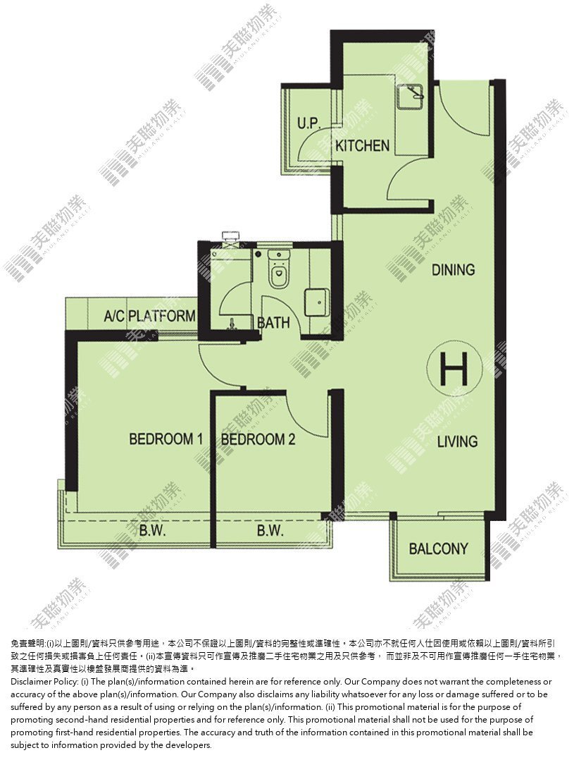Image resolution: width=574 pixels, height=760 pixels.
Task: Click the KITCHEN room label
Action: (362, 145)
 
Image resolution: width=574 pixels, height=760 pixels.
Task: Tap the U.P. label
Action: (309, 123)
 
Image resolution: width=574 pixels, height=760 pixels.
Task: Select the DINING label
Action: (453, 269)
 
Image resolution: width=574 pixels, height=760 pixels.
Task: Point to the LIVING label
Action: (457, 441)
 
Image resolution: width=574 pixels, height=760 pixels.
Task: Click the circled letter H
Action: (455, 368)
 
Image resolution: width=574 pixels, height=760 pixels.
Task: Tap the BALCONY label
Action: (438, 548)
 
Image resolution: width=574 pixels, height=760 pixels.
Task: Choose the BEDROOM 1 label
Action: (166, 439)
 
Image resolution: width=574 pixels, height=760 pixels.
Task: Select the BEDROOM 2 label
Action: (258, 440)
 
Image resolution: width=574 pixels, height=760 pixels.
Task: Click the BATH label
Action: (274, 322)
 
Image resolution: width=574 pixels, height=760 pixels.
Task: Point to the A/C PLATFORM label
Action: (150, 316)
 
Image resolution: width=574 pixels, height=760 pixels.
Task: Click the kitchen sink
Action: (410, 97)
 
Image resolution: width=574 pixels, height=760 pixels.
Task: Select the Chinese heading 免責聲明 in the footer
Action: (28, 644)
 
